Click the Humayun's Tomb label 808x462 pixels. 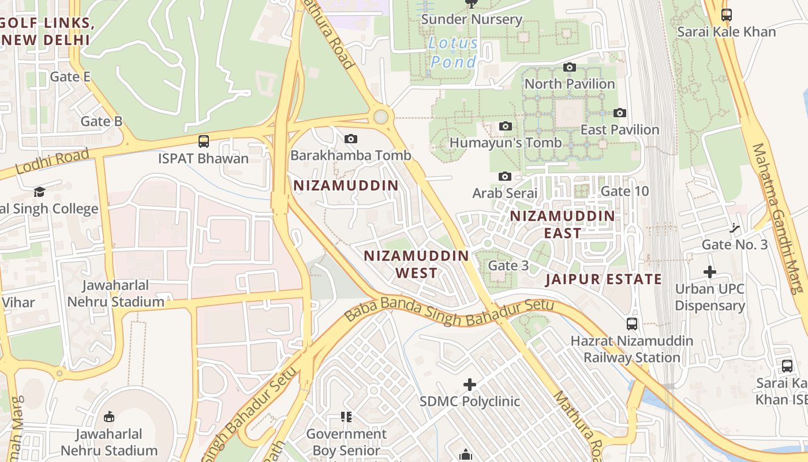pyautogui.click(x=505, y=143)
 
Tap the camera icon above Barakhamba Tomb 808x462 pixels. pyautogui.click(x=350, y=139)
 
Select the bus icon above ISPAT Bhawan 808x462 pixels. pyautogui.click(x=203, y=141)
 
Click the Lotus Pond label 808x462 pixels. pyautogui.click(x=454, y=53)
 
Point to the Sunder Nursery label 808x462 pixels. pyautogui.click(x=472, y=19)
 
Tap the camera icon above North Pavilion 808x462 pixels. pyautogui.click(x=570, y=68)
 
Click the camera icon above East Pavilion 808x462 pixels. pyautogui.click(x=620, y=113)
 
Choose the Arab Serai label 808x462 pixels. pyautogui.click(x=505, y=193)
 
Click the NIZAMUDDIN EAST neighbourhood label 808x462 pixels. pyautogui.click(x=563, y=225)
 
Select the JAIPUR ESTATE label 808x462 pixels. pyautogui.click(x=604, y=280)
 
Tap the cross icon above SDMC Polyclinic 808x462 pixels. pyautogui.click(x=470, y=384)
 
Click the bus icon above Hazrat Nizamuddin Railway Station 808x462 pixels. pyautogui.click(x=632, y=324)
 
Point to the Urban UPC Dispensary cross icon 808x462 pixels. pyautogui.click(x=710, y=272)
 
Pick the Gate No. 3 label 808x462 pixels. pyautogui.click(x=735, y=244)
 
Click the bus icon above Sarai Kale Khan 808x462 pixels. pyautogui.click(x=727, y=15)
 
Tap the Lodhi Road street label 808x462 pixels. pyautogui.click(x=53, y=162)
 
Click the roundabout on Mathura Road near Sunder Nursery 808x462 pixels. pyautogui.click(x=380, y=117)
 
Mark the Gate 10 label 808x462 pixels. pyautogui.click(x=624, y=191)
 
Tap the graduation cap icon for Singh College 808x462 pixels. pyautogui.click(x=39, y=192)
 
